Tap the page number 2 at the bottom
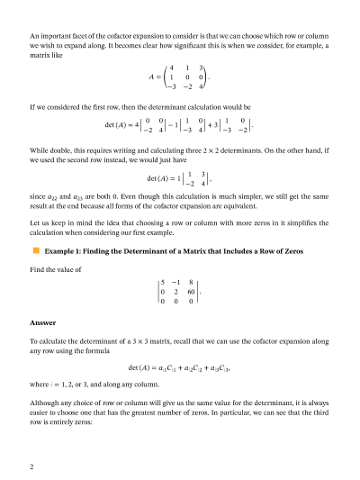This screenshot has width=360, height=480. (x=31, y=466)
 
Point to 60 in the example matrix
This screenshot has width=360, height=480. (x=191, y=292)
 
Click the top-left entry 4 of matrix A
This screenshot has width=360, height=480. (x=171, y=68)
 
